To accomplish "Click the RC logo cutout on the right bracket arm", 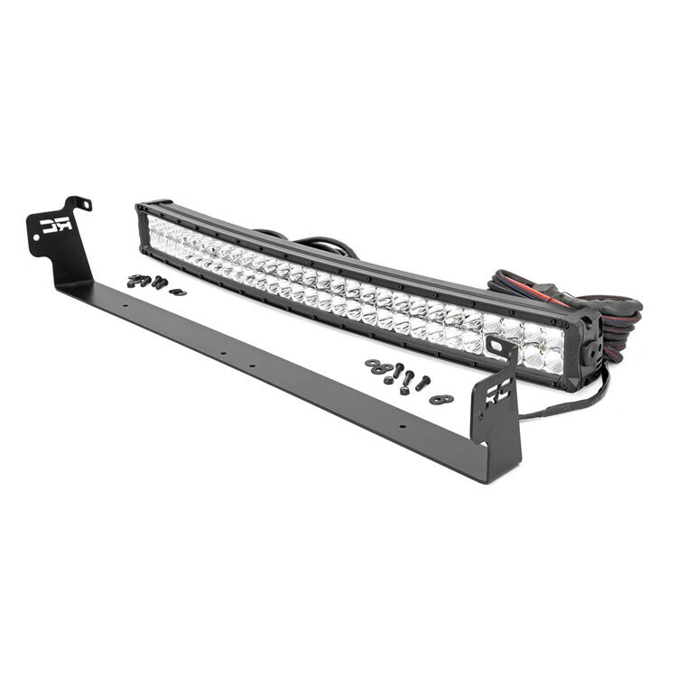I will tap(497, 390).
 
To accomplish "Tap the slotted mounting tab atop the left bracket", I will tap(80, 203).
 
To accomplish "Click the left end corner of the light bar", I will tap(143, 210).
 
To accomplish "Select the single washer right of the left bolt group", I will tap(177, 292).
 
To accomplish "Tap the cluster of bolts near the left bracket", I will tap(147, 282).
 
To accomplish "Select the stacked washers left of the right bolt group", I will tap(373, 364).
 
